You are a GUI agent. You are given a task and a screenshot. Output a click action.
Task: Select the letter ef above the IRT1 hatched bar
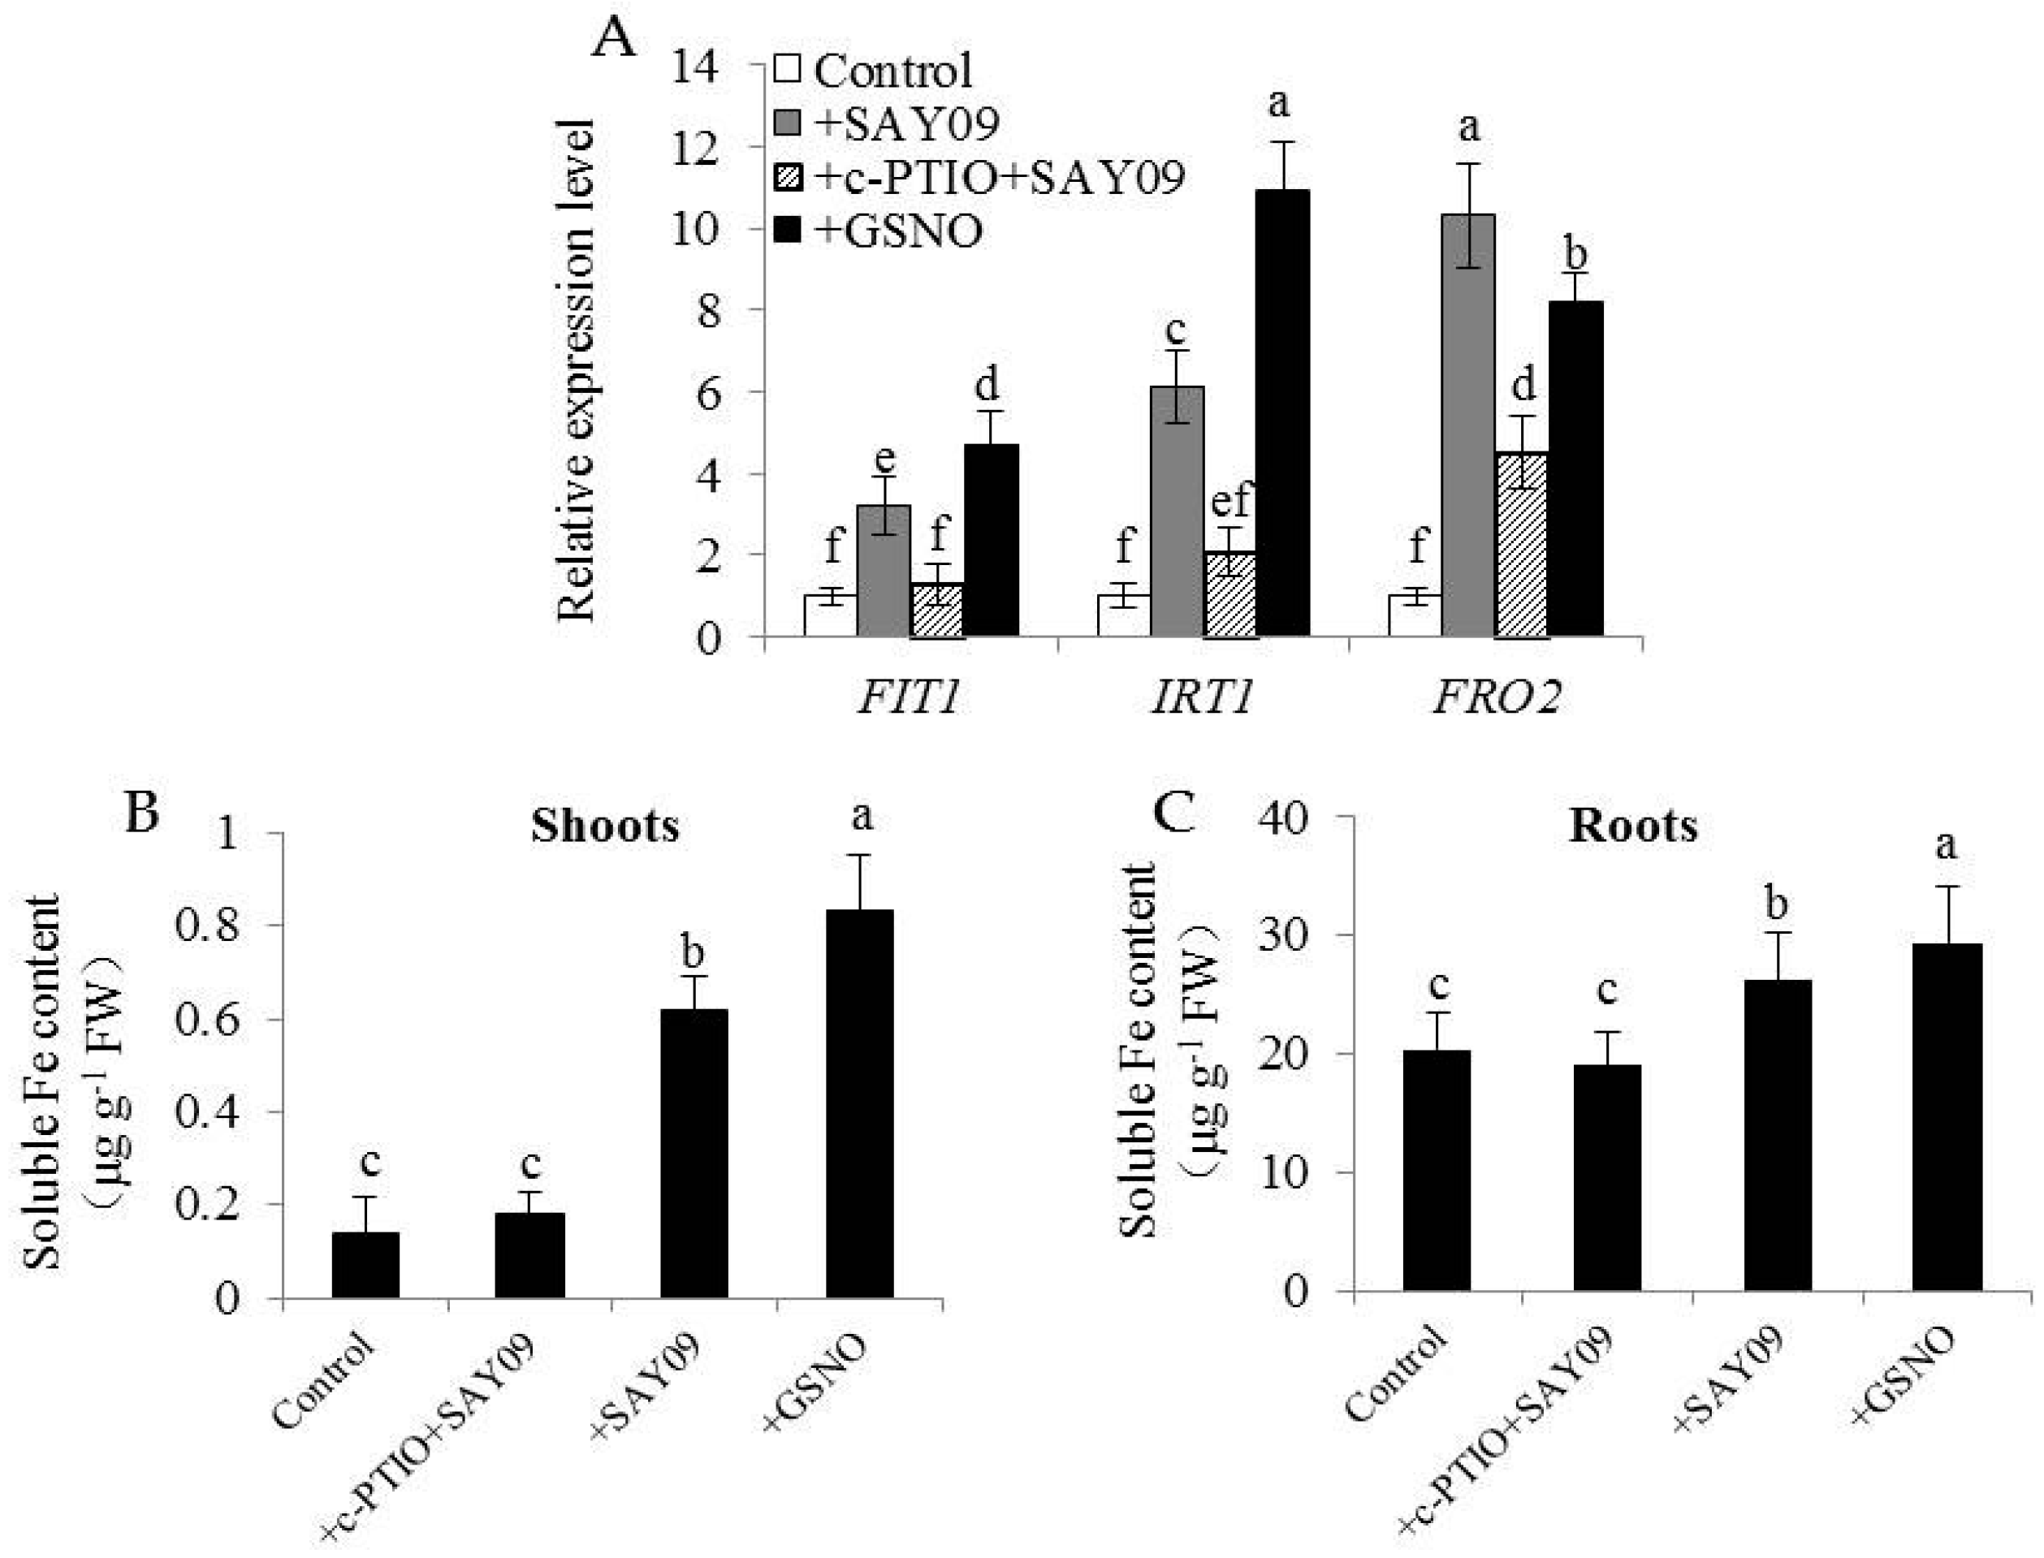tap(1229, 501)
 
